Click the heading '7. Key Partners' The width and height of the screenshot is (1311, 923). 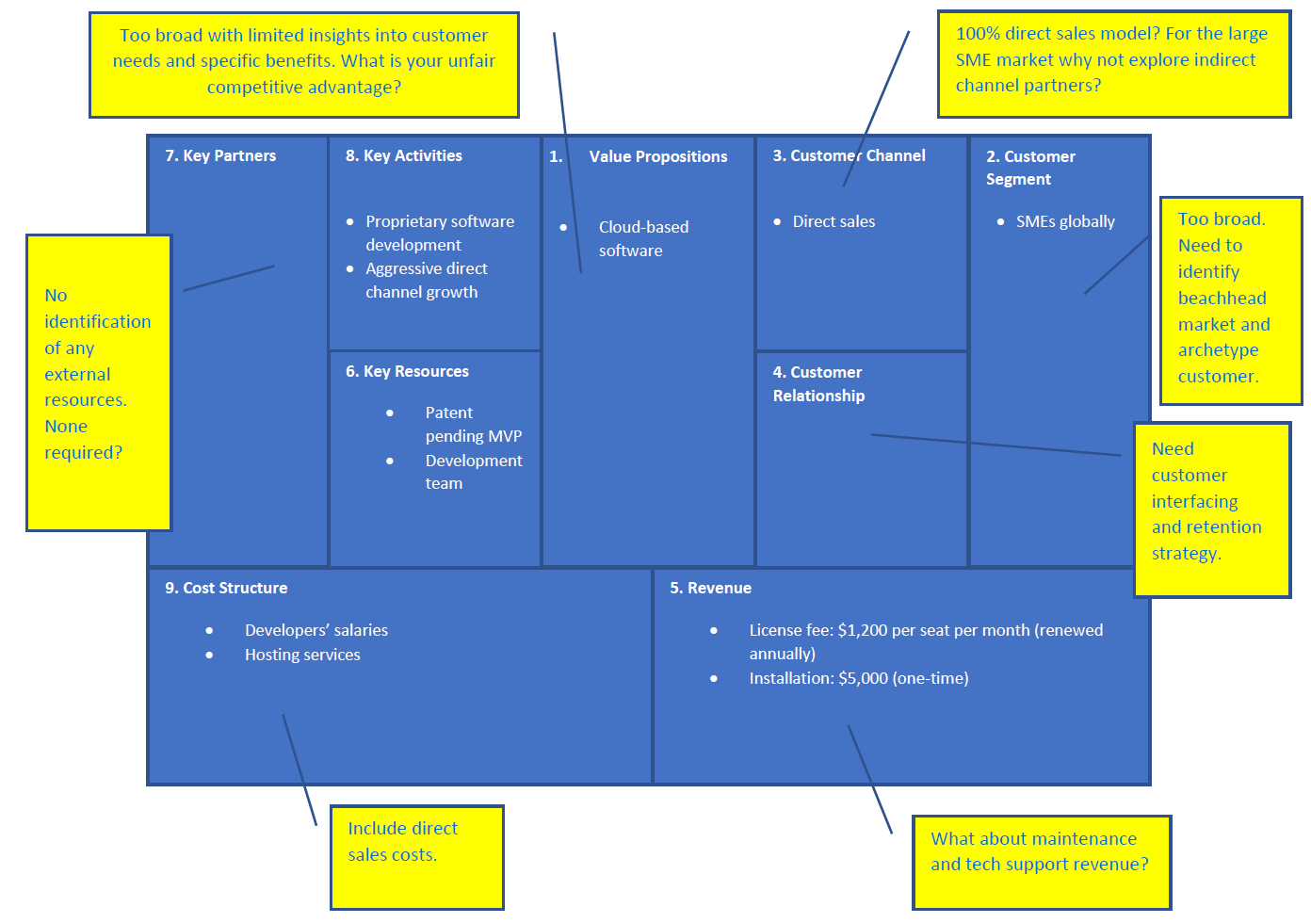coord(220,155)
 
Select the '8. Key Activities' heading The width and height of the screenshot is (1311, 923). coord(404,155)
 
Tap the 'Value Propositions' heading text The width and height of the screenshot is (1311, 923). coord(657,156)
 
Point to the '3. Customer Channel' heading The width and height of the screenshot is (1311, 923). coord(849,155)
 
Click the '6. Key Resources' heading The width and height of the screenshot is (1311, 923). coord(408,372)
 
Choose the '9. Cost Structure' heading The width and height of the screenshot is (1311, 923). coord(226,588)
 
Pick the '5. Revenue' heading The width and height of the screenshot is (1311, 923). coord(710,588)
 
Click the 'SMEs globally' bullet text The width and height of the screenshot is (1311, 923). coord(1065,221)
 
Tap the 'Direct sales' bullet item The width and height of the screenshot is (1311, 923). coord(834,221)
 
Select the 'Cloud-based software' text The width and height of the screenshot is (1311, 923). coord(644,239)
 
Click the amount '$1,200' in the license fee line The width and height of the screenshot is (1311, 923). coord(861,630)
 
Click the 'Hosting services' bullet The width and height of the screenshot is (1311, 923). coord(302,655)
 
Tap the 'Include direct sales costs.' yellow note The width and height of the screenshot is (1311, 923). coord(417,857)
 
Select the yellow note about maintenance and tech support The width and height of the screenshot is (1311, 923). coord(1042,862)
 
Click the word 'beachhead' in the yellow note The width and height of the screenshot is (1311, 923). coord(1222,298)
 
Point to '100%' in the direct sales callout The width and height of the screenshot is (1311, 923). coord(978,33)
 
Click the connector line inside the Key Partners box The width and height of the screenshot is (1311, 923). coord(229,278)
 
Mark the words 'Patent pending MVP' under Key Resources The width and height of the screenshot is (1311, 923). coord(474,425)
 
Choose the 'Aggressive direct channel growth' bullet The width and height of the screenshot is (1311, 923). coord(426,281)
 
